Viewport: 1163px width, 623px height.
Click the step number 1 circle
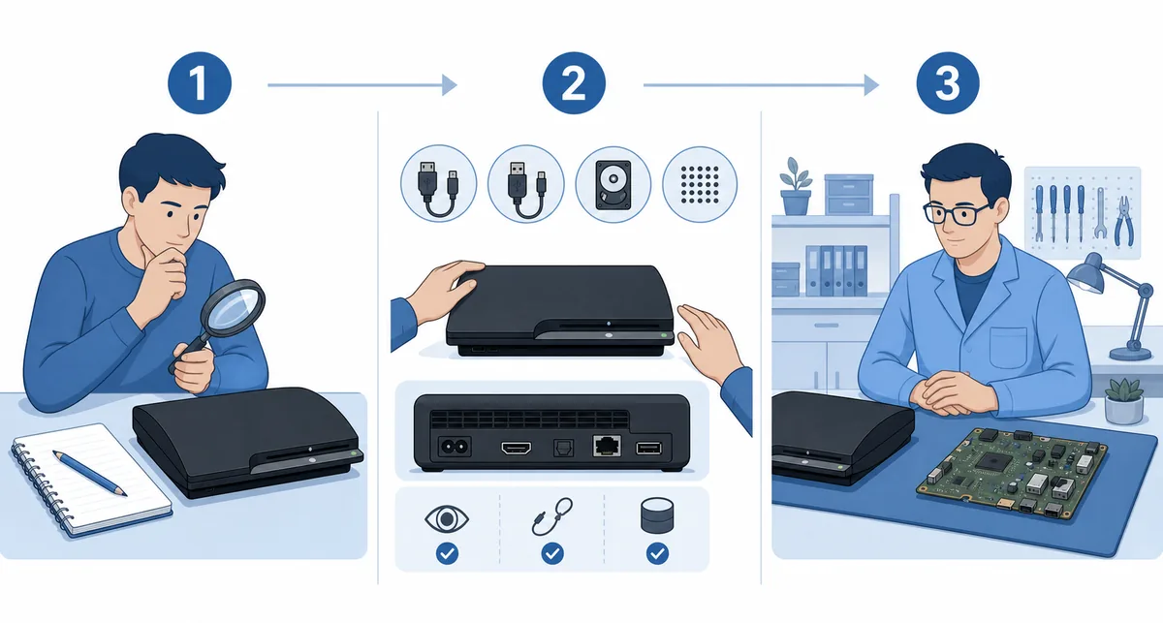point(200,83)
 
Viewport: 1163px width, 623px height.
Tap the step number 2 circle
point(574,83)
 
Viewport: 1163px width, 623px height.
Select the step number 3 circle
point(948,83)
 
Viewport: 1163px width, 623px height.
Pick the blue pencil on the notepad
point(90,473)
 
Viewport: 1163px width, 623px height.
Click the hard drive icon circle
point(613,184)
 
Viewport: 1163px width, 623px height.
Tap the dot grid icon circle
point(700,184)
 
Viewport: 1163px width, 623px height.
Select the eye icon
point(447,518)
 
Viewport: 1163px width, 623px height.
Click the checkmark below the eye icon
point(447,553)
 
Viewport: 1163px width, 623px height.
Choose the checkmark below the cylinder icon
point(657,553)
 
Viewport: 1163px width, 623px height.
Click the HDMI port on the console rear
point(516,447)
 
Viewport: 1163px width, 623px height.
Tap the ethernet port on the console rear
point(607,446)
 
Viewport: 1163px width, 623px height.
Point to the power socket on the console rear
point(455,446)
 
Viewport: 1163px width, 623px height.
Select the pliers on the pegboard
point(1124,221)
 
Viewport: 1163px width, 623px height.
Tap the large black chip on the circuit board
point(992,461)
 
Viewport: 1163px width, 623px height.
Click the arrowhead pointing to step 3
point(871,84)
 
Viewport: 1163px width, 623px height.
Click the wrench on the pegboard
point(1100,213)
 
